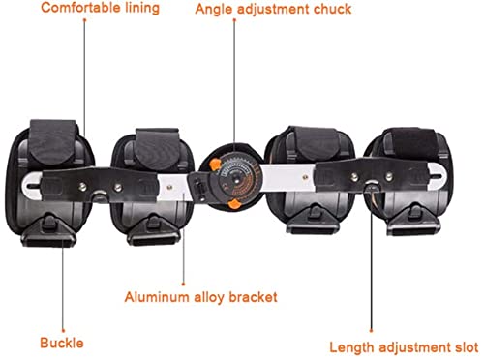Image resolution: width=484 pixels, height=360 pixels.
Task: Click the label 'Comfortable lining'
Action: [x=100, y=8]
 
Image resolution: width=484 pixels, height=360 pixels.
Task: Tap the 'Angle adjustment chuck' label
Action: [x=273, y=9]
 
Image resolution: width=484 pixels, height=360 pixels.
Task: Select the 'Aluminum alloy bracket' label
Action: [x=200, y=297]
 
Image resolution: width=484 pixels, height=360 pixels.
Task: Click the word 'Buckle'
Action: [x=62, y=343]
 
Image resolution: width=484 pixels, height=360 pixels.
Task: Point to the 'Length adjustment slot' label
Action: [x=404, y=347]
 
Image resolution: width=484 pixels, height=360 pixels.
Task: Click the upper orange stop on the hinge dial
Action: [x=215, y=165]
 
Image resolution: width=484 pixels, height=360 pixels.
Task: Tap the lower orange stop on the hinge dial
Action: [x=234, y=204]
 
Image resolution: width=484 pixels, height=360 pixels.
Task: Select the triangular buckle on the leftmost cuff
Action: [x=48, y=230]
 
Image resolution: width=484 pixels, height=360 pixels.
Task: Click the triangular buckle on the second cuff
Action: [x=153, y=230]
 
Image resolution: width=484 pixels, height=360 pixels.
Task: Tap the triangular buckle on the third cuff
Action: [x=313, y=219]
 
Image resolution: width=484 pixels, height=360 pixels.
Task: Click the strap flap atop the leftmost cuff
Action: [x=53, y=141]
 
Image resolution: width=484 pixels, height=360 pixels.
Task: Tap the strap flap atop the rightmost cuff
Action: [x=410, y=143]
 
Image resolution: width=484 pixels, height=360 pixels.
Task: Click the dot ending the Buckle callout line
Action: [x=63, y=330]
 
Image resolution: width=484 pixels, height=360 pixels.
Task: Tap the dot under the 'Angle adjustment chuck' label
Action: [x=234, y=20]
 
